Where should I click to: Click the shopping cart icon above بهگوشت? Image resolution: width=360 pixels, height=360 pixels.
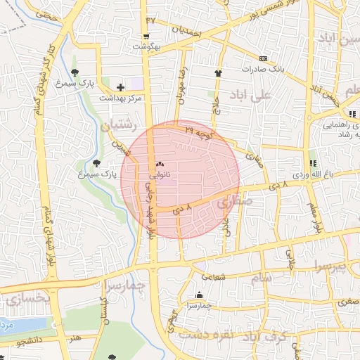(146, 37)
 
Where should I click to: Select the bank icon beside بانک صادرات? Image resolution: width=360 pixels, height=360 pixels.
(263, 58)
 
